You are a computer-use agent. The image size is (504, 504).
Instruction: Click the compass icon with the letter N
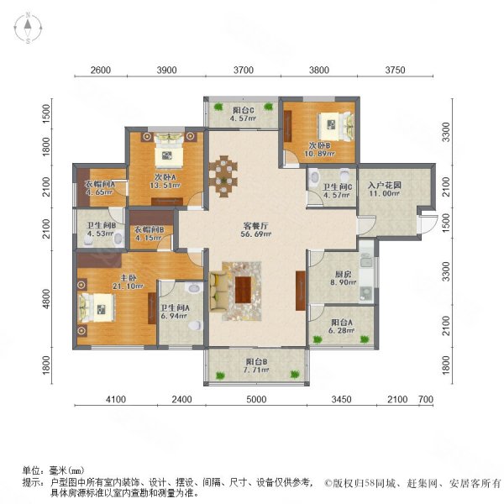(27, 29)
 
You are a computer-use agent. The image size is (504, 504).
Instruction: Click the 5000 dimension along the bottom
(256, 399)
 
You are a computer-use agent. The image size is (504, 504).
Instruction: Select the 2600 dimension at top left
(100, 71)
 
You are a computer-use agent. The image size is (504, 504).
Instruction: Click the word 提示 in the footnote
(32, 482)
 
